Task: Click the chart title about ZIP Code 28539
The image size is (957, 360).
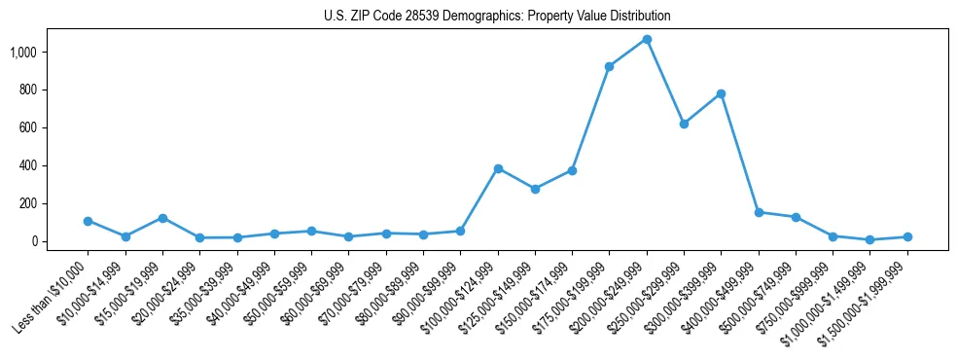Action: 497,17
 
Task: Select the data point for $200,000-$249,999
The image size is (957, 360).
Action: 647,39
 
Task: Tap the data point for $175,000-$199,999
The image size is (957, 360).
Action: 609,66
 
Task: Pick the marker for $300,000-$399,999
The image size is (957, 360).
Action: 721,93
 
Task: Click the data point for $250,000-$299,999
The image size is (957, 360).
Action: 684,124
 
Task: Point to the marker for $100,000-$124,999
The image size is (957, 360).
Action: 498,168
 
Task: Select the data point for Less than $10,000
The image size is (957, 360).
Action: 88,221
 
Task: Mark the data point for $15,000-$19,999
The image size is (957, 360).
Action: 162,218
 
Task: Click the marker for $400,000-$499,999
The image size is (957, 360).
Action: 759,212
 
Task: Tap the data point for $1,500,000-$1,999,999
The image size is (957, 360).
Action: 907,236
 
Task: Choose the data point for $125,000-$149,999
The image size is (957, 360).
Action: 535,189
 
